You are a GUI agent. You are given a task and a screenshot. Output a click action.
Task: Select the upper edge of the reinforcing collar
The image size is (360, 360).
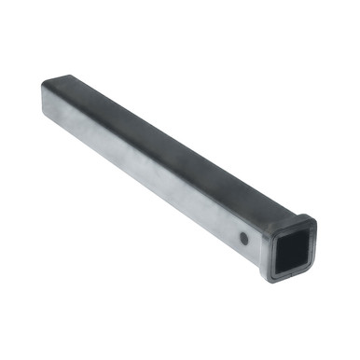(289, 219)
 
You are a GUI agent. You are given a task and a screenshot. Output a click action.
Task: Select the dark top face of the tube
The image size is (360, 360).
(159, 131)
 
